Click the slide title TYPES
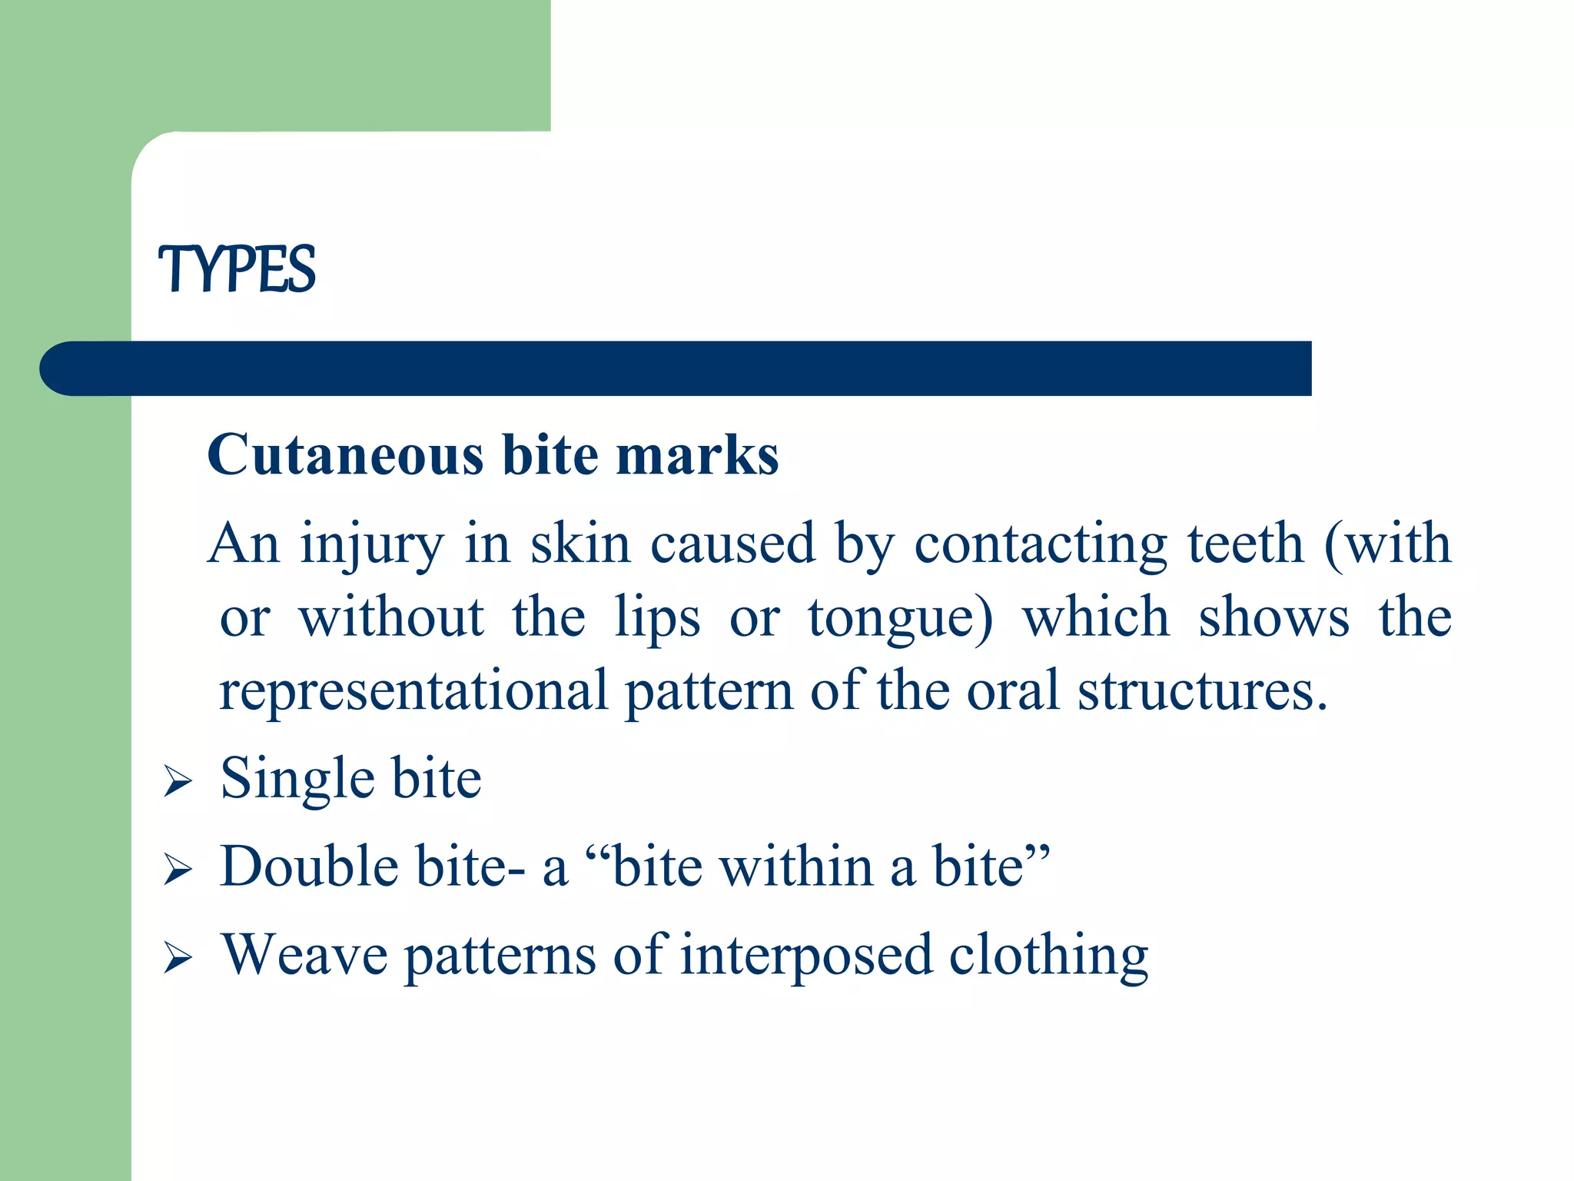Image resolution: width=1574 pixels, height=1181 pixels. tap(237, 269)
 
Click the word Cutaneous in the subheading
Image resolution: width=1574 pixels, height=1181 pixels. tap(345, 455)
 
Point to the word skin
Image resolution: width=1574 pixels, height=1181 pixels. tap(580, 544)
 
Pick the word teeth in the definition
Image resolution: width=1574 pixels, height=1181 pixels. tap(1245, 544)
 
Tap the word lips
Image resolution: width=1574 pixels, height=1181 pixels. tap(657, 618)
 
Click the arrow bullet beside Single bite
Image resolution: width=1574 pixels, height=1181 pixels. tap(178, 782)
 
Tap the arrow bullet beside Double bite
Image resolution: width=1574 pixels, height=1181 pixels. tap(178, 870)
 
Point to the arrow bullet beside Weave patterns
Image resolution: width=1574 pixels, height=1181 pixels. tap(178, 959)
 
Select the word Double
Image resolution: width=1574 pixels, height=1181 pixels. tap(309, 867)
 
